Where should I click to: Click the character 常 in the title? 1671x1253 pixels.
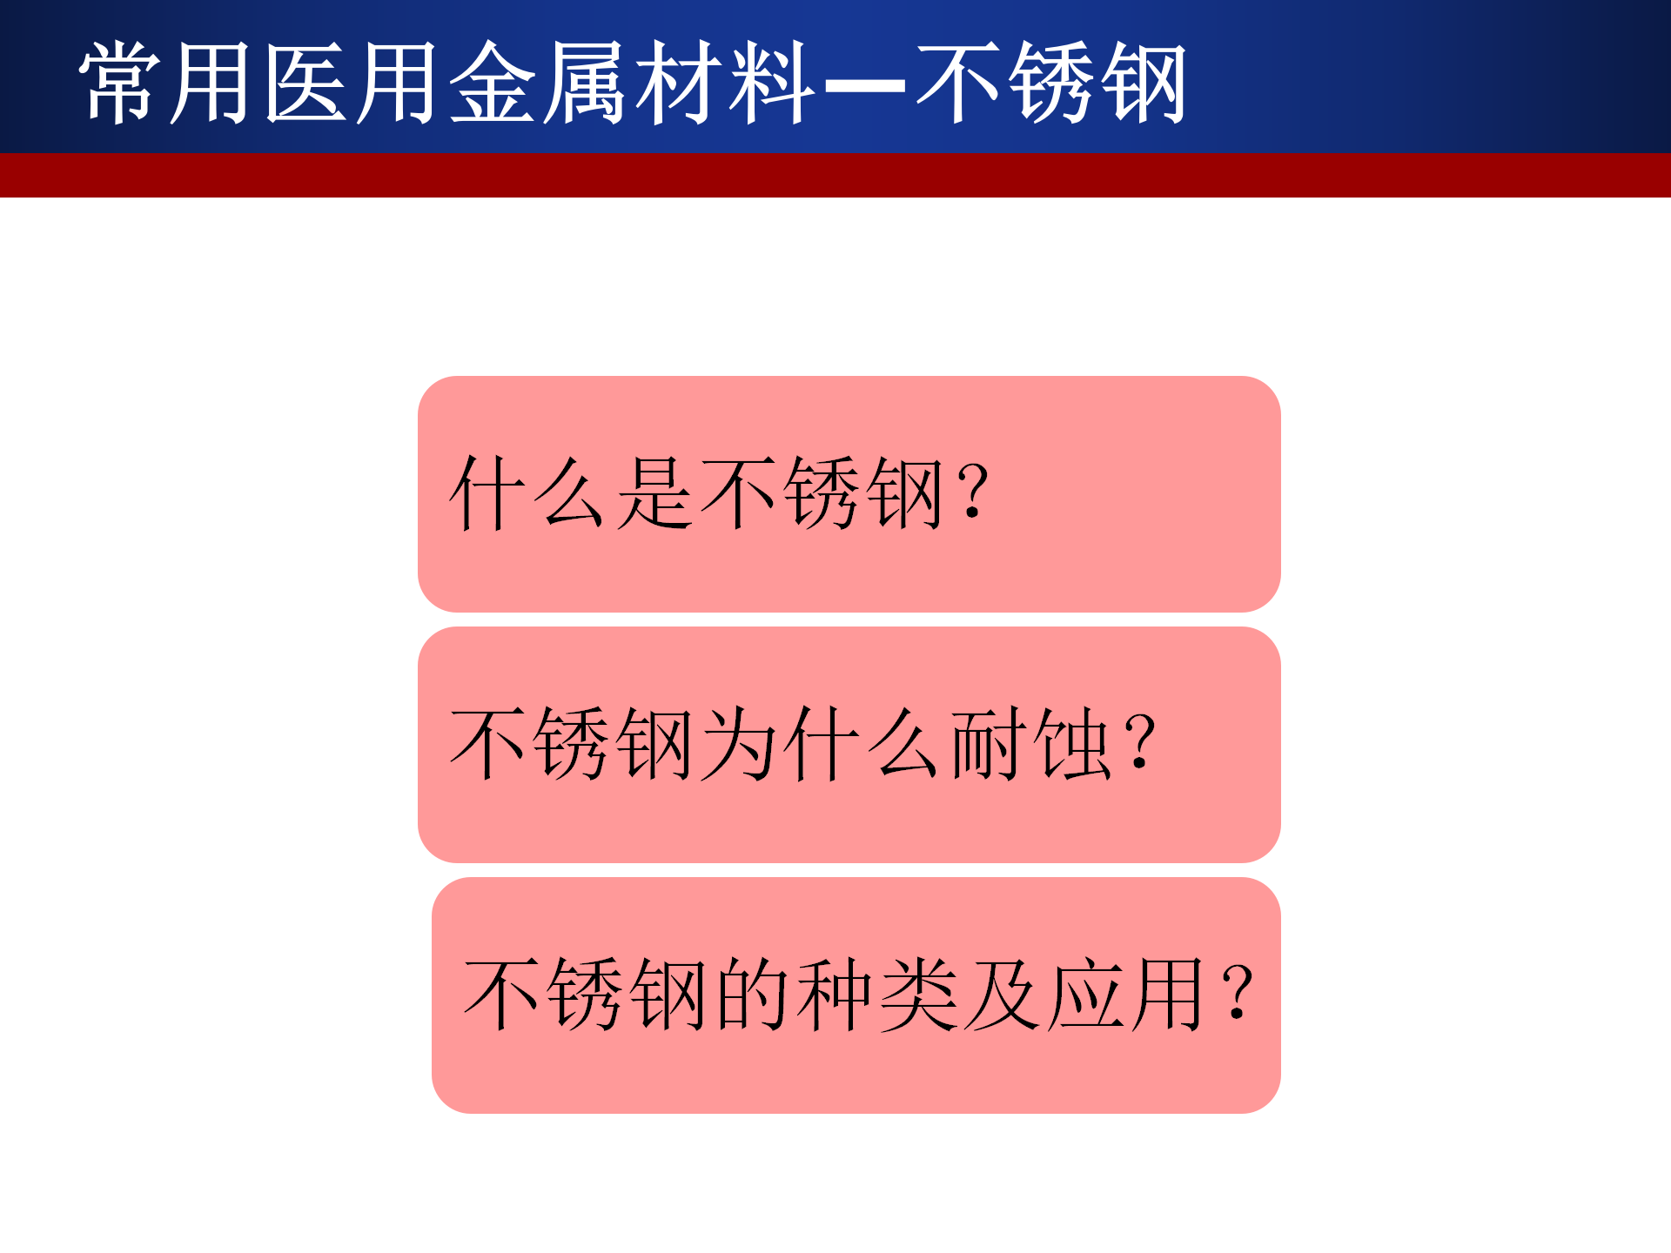(120, 83)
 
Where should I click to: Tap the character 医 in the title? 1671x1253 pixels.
(305, 83)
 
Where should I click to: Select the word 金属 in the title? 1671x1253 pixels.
(536, 83)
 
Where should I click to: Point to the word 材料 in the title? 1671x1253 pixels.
(724, 83)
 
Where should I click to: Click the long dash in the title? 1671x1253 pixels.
(864, 86)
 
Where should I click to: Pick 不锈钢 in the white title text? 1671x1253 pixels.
(1050, 83)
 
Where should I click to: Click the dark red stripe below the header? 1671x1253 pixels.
(835, 175)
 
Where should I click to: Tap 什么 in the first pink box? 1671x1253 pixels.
(527, 492)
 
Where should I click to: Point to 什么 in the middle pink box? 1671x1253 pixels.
(862, 743)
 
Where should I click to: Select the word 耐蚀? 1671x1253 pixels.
(1030, 743)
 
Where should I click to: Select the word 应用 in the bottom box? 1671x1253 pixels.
(1126, 994)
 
